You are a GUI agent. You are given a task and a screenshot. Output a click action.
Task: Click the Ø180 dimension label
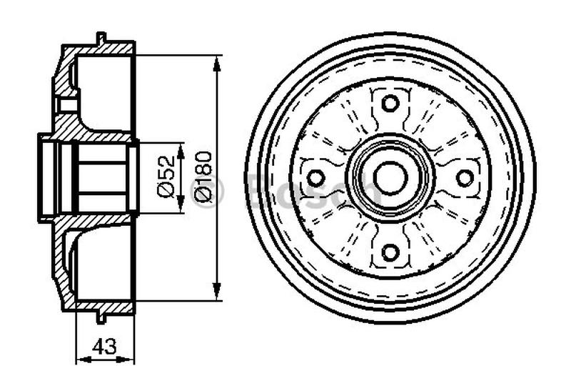[x=202, y=178]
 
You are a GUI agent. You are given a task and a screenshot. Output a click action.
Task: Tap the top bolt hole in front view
[x=390, y=103]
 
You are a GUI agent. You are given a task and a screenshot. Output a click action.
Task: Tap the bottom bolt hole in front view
[x=390, y=252]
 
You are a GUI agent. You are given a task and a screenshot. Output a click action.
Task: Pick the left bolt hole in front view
[x=315, y=177]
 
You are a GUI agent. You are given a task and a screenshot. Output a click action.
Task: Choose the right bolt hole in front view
[x=465, y=177]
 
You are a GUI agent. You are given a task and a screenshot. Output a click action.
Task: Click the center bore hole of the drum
[x=390, y=177]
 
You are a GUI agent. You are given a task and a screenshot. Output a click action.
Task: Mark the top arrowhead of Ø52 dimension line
[x=181, y=147]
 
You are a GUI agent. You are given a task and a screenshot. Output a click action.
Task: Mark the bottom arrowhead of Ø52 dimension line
[x=181, y=208]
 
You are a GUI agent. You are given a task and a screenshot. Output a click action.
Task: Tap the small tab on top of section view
[x=101, y=37]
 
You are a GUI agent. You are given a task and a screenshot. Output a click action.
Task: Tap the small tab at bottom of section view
[x=101, y=317]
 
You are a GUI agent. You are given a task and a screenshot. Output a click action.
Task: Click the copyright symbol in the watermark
[x=206, y=192]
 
